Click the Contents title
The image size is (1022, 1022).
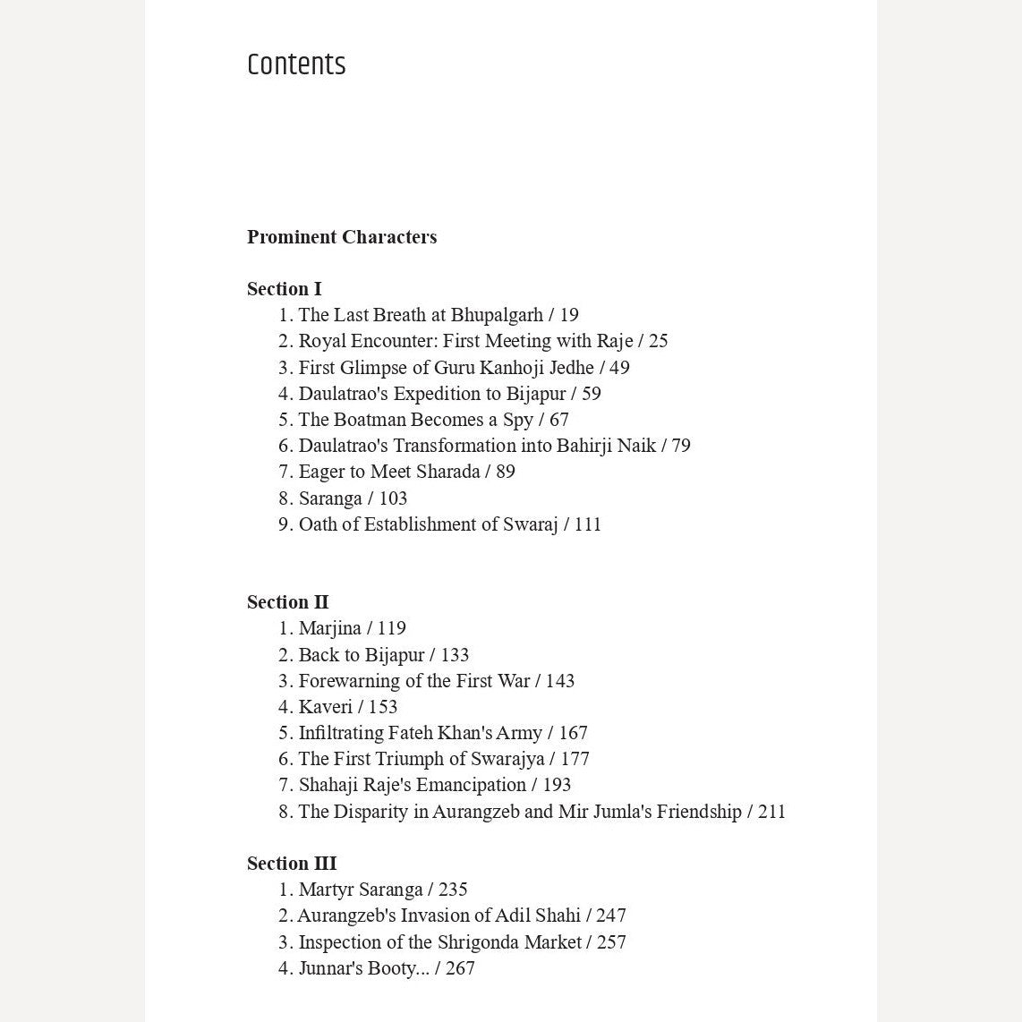coord(296,64)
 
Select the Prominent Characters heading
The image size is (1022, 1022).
coord(342,237)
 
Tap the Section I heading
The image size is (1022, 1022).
coord(284,289)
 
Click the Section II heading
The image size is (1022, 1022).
coord(287,602)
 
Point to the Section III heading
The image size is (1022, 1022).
coord(292,864)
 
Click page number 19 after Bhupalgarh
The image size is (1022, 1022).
coord(569,315)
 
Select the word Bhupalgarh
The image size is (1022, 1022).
coord(497,315)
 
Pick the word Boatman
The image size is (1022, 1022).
coord(370,420)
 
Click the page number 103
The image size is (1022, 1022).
coord(393,498)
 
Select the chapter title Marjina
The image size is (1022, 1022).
coord(329,628)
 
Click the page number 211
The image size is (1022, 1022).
coord(771,812)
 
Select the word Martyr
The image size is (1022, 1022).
coord(324,890)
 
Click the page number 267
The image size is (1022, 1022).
coord(460,968)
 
